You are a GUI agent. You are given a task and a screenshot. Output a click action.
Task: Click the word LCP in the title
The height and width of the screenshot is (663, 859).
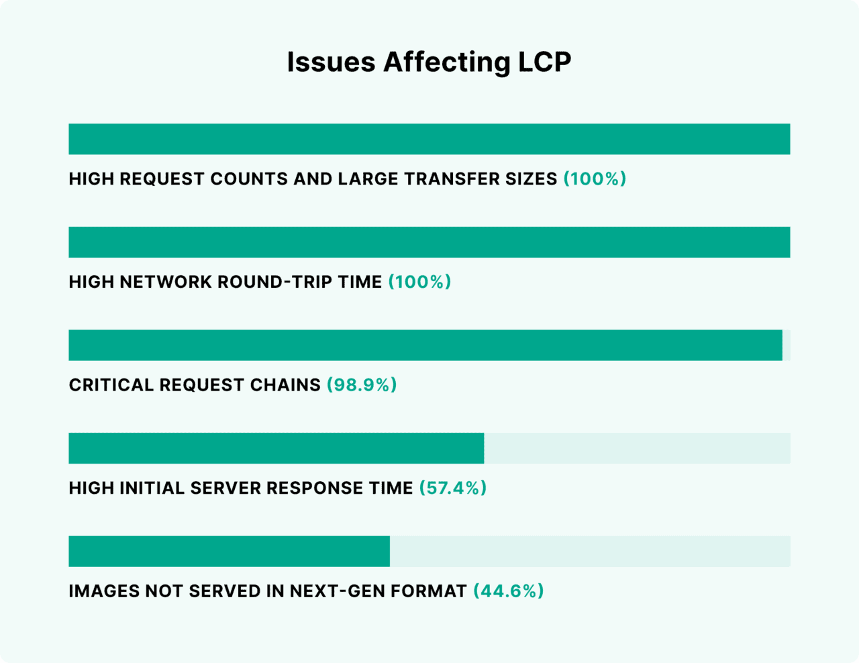click(544, 62)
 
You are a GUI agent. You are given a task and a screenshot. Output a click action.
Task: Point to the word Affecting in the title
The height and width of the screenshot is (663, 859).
click(446, 62)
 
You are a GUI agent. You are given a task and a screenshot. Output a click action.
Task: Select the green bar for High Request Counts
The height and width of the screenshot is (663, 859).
click(429, 139)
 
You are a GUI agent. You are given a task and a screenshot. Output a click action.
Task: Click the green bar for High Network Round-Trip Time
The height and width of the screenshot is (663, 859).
click(429, 242)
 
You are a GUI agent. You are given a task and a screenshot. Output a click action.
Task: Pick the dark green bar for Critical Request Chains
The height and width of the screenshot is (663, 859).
click(425, 345)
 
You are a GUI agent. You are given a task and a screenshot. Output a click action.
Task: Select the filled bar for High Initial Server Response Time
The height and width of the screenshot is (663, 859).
click(276, 448)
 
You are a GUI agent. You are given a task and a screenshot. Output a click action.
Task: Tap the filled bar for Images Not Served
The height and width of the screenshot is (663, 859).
click(229, 551)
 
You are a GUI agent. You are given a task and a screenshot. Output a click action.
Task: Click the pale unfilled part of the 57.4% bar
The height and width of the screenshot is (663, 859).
click(637, 448)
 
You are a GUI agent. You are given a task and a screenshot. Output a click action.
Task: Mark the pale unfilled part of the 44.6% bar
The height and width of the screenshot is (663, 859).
click(590, 551)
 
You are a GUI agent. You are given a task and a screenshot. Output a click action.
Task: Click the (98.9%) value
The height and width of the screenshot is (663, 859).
click(362, 385)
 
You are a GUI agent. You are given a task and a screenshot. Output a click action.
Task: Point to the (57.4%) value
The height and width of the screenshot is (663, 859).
click(453, 488)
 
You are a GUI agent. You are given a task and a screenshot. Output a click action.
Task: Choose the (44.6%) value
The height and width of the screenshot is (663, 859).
click(509, 591)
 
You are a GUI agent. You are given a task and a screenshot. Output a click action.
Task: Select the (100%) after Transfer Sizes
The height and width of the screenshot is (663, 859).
click(595, 179)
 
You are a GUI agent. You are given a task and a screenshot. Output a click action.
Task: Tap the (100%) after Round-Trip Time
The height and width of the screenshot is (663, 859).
click(419, 282)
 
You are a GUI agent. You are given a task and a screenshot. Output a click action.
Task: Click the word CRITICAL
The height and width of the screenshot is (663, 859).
click(111, 385)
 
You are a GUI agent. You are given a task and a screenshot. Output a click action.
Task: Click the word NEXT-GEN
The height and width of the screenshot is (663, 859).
click(337, 591)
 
